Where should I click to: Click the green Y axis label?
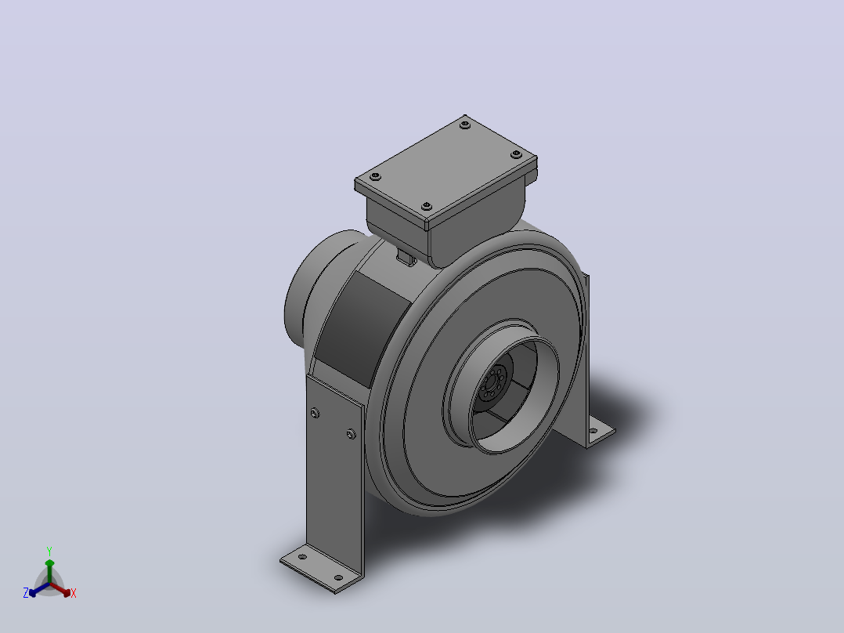click(49, 551)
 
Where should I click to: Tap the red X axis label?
click(74, 593)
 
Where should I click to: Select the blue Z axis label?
click(26, 593)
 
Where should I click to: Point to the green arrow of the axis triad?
click(49, 571)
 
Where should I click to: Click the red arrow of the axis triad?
click(60, 589)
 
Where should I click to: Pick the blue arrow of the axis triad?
click(39, 589)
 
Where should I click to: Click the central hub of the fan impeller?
click(492, 382)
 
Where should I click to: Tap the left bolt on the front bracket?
click(315, 413)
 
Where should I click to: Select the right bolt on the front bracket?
click(351, 434)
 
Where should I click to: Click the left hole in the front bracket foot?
click(302, 556)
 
